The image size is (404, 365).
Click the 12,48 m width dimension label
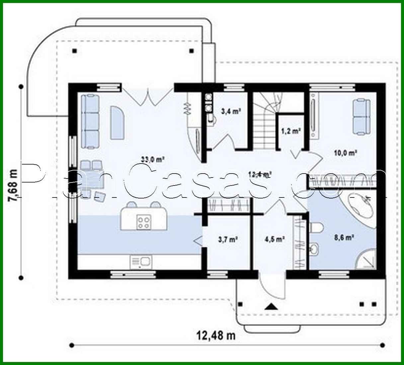coord(216,336)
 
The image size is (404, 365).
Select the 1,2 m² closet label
coord(291,131)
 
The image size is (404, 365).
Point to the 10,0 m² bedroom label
coord(345,153)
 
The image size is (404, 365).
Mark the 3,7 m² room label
coord(228,239)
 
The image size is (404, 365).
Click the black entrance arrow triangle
coord(271,306)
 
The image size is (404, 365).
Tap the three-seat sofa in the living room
coord(90,121)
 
